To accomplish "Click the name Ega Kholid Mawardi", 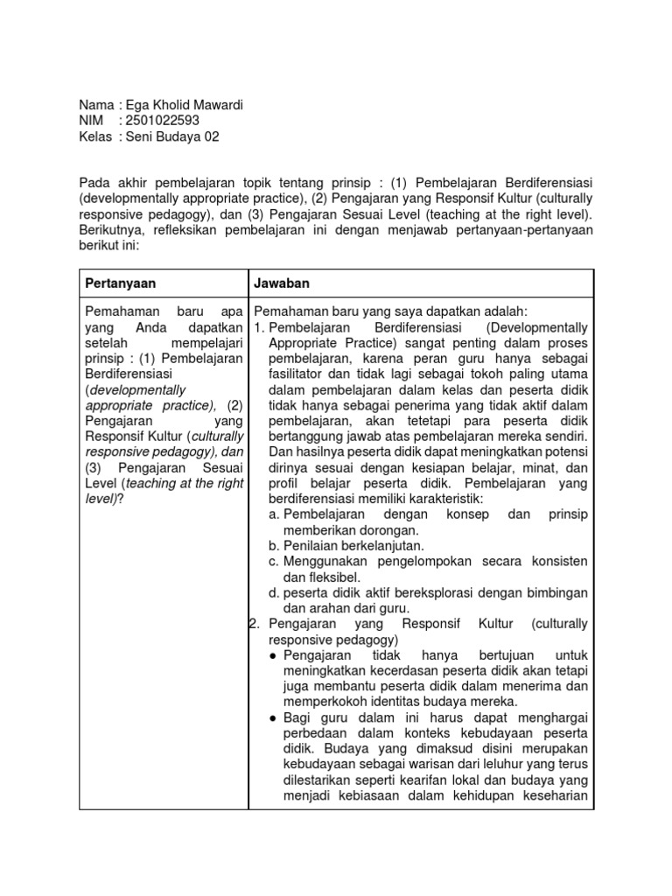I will tap(185, 105).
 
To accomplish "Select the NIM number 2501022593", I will tap(163, 121).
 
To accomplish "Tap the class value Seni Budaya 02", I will tap(173, 136).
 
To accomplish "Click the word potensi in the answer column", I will tap(565, 452).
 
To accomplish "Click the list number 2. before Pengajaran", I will tap(255, 624).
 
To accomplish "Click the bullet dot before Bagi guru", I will tap(274, 717).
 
